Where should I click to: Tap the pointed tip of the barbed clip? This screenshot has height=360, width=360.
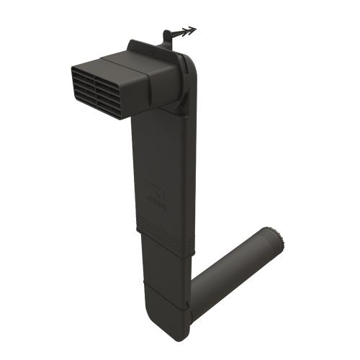[x=194, y=30]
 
